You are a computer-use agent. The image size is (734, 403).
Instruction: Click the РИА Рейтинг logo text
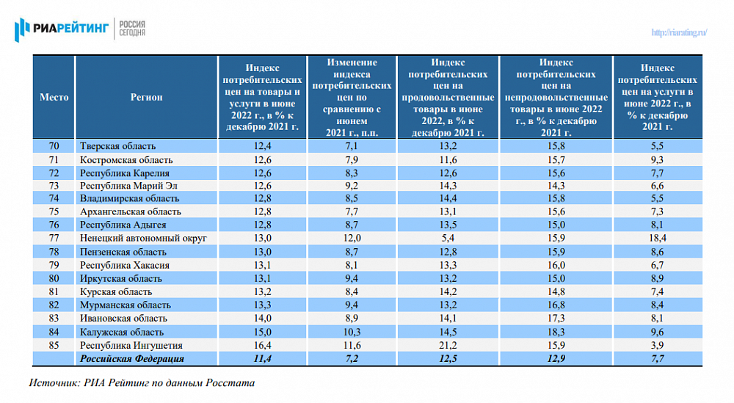pos(70,29)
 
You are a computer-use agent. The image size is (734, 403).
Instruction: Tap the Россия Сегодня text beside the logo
pos(132,29)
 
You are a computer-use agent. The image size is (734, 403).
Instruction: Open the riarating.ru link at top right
pos(679,32)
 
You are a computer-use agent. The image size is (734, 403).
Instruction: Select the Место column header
pos(54,98)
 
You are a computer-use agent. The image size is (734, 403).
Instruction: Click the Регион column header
pos(147,98)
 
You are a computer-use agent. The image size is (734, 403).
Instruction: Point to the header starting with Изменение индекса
pos(352,98)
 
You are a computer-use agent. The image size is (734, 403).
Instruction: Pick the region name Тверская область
pos(117,146)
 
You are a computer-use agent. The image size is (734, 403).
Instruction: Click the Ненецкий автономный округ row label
pos(143,239)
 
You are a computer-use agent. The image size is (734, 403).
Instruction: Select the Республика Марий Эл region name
pos(128,186)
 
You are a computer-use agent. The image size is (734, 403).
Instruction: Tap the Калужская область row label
pos(122,333)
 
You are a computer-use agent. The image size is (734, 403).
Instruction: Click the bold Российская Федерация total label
pos(132,359)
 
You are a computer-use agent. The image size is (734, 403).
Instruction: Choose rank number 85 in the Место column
pos(54,346)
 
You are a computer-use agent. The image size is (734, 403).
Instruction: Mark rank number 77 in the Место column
pos(54,239)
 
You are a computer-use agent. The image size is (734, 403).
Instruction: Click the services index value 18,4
pos(658,239)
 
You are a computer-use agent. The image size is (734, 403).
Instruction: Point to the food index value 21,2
pos(448,346)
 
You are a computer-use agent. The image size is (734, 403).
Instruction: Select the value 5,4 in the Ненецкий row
pos(448,239)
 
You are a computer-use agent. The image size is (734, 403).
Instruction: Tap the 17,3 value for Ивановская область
pos(556,319)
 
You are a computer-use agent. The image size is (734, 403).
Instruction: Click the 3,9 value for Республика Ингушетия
pos(657,346)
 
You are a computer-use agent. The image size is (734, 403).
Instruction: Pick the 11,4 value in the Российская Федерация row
pos(262,359)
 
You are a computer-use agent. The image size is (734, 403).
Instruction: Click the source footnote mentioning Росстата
pos(142,383)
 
